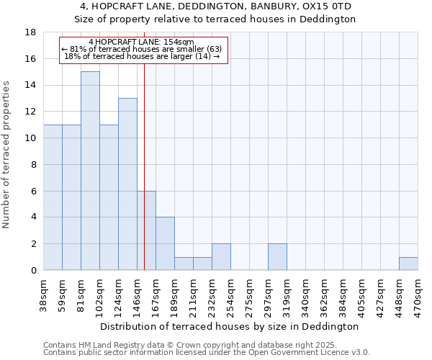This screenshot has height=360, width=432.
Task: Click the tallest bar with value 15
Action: [90, 171]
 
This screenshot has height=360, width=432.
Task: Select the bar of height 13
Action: [127, 184]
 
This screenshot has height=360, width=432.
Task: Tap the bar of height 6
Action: [146, 230]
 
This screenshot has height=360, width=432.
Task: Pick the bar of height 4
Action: [165, 243]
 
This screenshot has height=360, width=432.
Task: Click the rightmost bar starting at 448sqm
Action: [408, 264]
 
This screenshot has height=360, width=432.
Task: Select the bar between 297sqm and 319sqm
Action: [277, 257]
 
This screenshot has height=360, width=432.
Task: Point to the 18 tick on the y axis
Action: [32, 32]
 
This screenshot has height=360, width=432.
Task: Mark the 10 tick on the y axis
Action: [32, 138]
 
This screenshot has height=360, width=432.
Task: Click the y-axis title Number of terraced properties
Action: [6, 154]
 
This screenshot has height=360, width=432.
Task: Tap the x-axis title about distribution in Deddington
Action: [230, 326]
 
